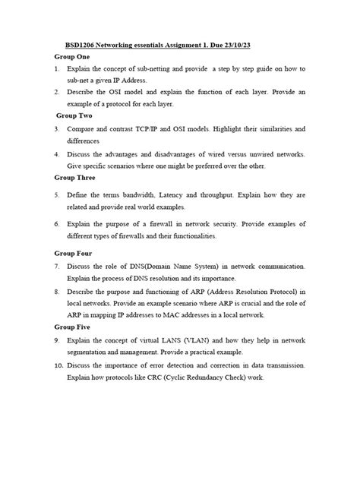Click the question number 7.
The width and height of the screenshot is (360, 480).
57,267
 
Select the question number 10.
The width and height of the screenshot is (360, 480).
58,366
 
